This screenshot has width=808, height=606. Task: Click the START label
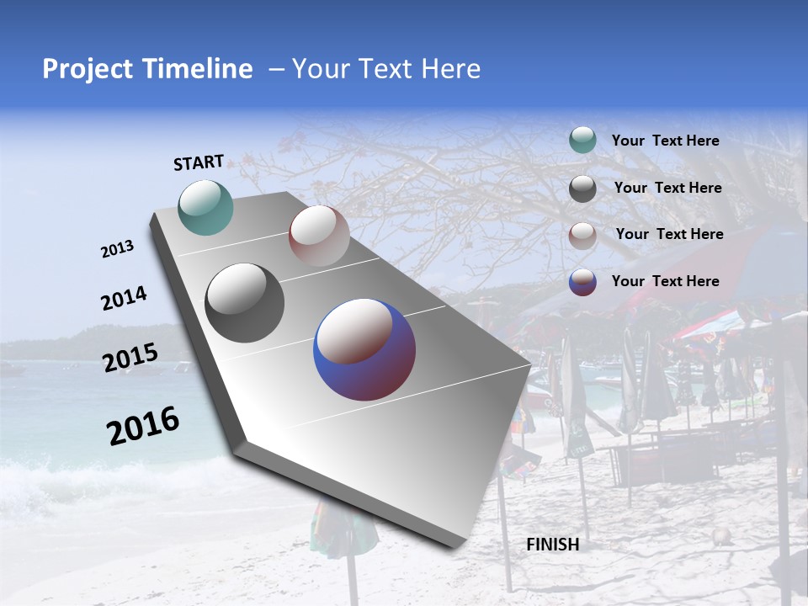click(199, 162)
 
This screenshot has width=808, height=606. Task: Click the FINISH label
click(552, 545)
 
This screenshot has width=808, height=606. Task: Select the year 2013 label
click(117, 249)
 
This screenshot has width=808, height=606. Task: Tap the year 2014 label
click(124, 299)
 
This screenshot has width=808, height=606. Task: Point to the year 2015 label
click(130, 358)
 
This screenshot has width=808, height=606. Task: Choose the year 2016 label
click(143, 425)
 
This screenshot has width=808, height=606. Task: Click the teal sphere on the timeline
click(205, 207)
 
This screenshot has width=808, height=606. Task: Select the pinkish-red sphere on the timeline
click(319, 236)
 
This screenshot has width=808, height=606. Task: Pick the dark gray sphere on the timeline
click(245, 303)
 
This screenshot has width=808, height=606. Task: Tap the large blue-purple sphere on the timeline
click(364, 349)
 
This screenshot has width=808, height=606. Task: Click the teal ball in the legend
click(582, 141)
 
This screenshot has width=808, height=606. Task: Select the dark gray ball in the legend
click(582, 189)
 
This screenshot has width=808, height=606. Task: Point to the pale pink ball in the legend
click(582, 235)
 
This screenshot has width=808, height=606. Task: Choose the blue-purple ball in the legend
click(582, 282)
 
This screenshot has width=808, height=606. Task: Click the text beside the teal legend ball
click(665, 141)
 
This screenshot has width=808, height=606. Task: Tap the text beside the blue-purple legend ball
click(665, 281)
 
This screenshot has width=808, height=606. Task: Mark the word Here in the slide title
click(450, 69)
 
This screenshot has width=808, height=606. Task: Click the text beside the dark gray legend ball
click(667, 188)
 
